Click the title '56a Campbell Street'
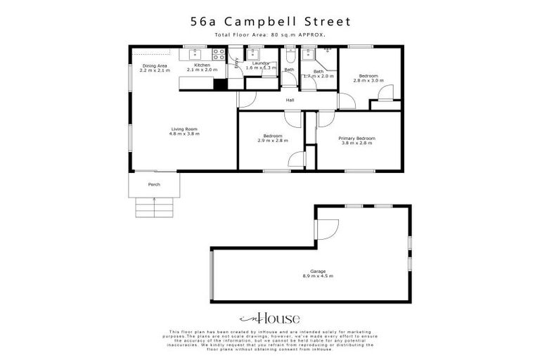(270, 22)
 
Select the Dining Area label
(155, 68)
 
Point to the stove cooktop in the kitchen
(219, 53)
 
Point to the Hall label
(290, 101)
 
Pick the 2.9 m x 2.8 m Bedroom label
(273, 137)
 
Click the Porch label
(154, 184)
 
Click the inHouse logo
(270, 317)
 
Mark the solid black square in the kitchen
(220, 84)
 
